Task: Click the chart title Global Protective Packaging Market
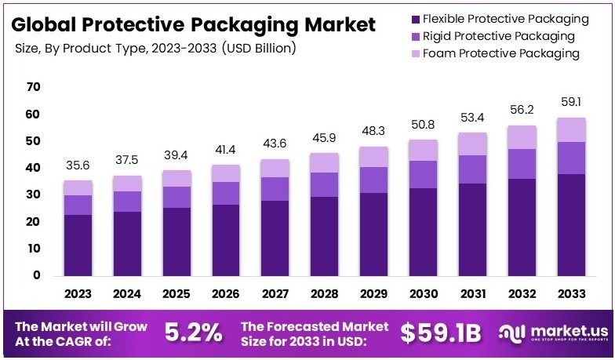(x=194, y=24)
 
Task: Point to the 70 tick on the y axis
(x=33, y=87)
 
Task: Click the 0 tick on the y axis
(x=36, y=275)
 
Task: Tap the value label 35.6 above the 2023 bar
(x=78, y=165)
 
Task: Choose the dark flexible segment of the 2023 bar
(x=78, y=245)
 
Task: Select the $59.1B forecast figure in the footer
(x=441, y=333)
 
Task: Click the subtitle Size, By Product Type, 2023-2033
(x=155, y=49)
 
